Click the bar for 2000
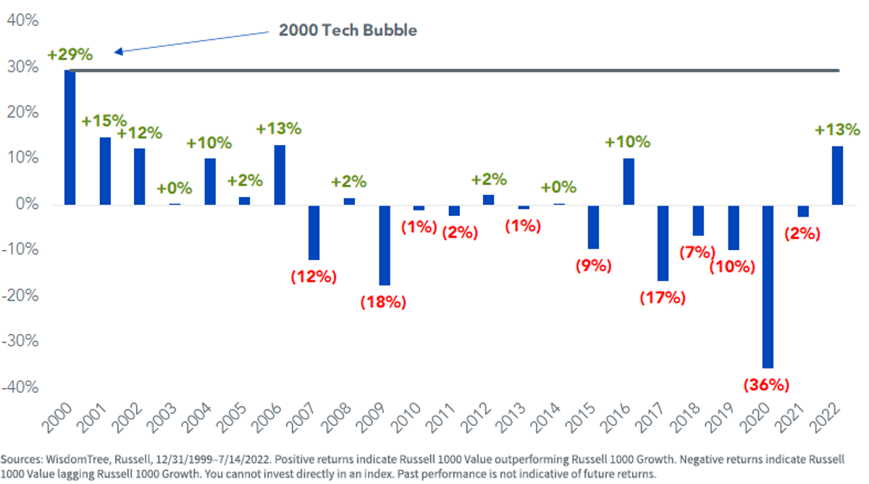[x=70, y=138]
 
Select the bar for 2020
[x=768, y=286]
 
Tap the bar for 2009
[x=385, y=246]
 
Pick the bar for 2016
[x=629, y=182]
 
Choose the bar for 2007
[x=314, y=233]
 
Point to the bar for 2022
[x=838, y=175]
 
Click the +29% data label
[x=70, y=54]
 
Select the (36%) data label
[x=766, y=385]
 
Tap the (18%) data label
[x=383, y=302]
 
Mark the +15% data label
[x=104, y=121]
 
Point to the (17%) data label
[x=663, y=298]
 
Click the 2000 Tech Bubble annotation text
[x=348, y=30]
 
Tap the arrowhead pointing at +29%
[x=119, y=51]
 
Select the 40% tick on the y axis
[x=23, y=20]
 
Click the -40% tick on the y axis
[x=20, y=387]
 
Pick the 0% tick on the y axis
[x=28, y=204]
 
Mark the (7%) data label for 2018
[x=697, y=252]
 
